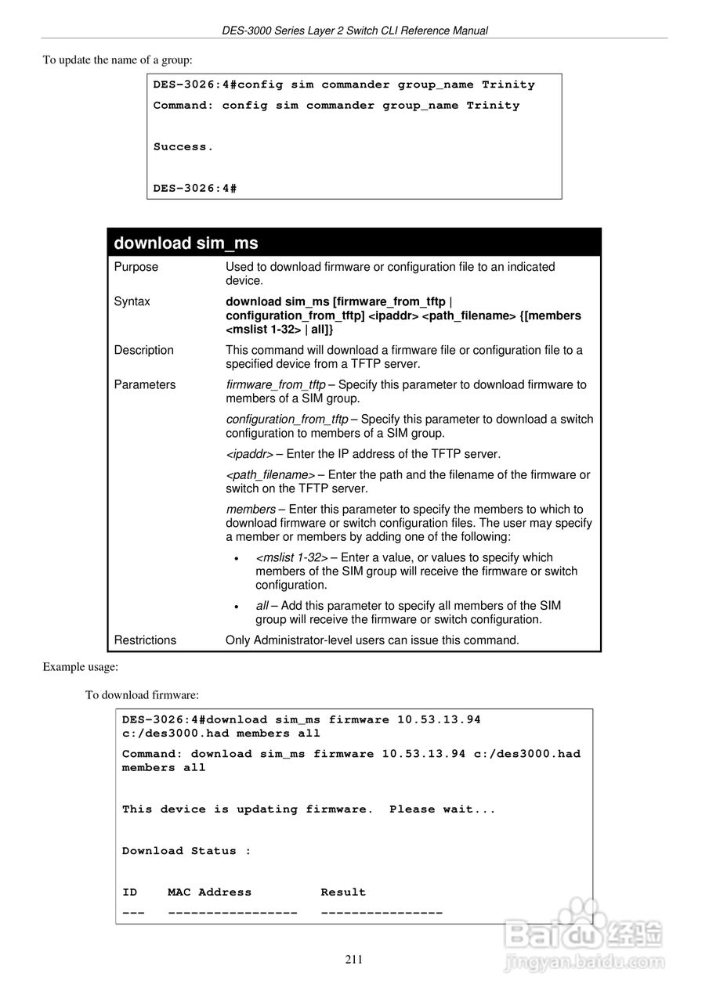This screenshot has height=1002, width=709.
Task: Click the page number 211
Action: pyautogui.click(x=354, y=960)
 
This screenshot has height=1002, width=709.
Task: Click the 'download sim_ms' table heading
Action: pyautogui.click(x=186, y=243)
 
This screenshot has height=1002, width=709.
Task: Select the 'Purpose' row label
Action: pyautogui.click(x=136, y=267)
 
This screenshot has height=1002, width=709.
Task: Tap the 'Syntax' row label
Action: pyautogui.click(x=132, y=301)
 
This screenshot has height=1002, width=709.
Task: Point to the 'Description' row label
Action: pyautogui.click(x=144, y=350)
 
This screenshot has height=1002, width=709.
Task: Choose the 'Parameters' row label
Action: pyautogui.click(x=145, y=384)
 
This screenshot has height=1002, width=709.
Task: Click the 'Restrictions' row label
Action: pyautogui.click(x=145, y=640)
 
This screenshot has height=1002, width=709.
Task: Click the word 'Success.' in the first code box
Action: pyautogui.click(x=183, y=146)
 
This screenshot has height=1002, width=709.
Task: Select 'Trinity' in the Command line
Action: pyautogui.click(x=493, y=105)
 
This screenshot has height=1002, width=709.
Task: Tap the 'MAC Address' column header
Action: pyautogui.click(x=209, y=892)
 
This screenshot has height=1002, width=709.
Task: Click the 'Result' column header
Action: pyautogui.click(x=343, y=892)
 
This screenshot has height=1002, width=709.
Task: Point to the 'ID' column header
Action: pyautogui.click(x=129, y=892)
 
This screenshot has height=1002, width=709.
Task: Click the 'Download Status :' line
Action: pyautogui.click(x=186, y=850)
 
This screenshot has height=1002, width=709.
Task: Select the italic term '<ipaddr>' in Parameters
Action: pyautogui.click(x=249, y=454)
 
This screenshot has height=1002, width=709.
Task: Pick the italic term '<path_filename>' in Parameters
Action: pyautogui.click(x=270, y=474)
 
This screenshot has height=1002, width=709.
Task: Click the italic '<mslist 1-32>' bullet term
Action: pyautogui.click(x=291, y=557)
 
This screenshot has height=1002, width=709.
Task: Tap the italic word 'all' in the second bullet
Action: pyautogui.click(x=262, y=606)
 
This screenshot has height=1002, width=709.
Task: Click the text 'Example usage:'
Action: pyautogui.click(x=80, y=666)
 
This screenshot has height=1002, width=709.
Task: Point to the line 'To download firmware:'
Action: pyautogui.click(x=142, y=694)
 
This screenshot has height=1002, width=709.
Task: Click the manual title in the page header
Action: pyautogui.click(x=354, y=31)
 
